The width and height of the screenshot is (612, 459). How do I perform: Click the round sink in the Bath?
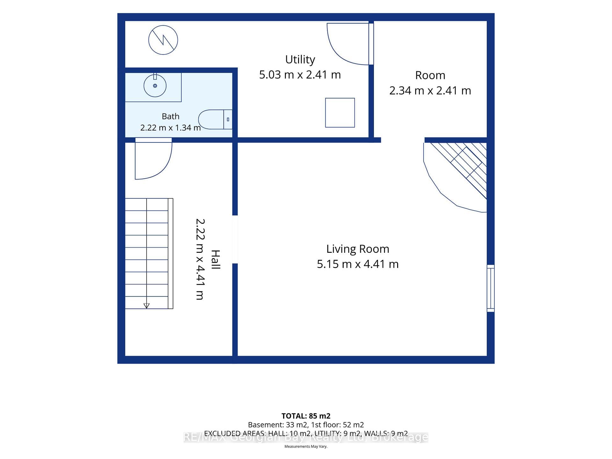[x=155, y=86]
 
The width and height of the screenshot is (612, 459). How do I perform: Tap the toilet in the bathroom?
[x=215, y=120]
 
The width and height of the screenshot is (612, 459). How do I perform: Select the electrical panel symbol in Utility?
[x=163, y=40]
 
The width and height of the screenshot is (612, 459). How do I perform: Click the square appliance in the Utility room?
[x=340, y=113]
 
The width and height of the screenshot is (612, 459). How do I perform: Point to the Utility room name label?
[x=300, y=60]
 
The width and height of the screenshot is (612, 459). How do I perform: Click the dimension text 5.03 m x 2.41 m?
[x=300, y=75]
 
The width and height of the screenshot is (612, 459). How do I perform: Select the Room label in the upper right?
[x=430, y=76]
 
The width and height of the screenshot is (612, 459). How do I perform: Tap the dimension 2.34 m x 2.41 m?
[x=430, y=91]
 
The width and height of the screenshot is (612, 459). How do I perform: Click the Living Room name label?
[x=358, y=249]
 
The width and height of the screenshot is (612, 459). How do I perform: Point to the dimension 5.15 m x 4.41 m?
[x=358, y=264]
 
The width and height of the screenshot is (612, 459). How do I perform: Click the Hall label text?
[x=215, y=259]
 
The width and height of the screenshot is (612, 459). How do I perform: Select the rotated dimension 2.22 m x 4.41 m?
[x=200, y=259]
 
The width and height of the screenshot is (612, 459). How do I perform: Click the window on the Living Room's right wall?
[x=491, y=288]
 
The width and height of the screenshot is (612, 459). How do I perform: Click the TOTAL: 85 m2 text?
[x=306, y=416]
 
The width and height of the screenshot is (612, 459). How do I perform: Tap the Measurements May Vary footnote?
[x=306, y=447]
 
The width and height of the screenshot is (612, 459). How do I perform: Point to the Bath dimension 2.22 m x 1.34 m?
[x=171, y=128]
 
